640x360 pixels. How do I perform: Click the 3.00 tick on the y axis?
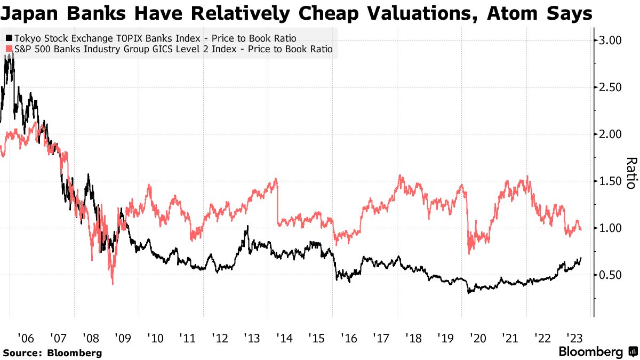611,40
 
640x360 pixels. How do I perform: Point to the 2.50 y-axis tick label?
611,87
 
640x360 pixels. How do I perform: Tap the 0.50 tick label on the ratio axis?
611,275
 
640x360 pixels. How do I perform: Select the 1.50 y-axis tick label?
611,181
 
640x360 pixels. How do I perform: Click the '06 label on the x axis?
26,338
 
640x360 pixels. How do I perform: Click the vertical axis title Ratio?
631,173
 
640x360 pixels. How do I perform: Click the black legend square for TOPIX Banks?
9,38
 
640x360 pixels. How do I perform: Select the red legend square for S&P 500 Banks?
9,50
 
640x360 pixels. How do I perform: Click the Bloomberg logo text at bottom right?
590,352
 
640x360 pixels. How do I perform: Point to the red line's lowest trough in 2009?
113,284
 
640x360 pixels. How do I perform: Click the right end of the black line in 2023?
581,258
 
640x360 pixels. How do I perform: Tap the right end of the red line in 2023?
581,229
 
